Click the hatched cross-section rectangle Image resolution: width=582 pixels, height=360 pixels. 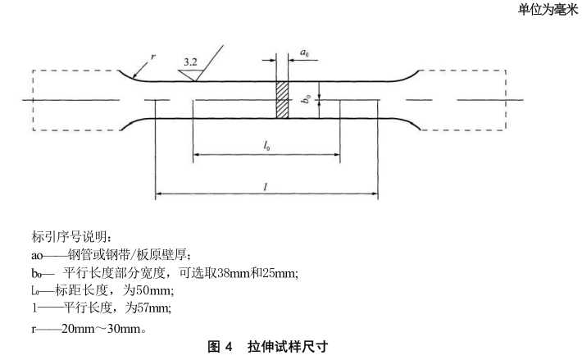click(282, 100)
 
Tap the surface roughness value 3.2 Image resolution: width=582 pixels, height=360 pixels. click(190, 62)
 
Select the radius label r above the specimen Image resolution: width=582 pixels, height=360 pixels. click(153, 57)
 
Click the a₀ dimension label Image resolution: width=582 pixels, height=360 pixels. click(304, 52)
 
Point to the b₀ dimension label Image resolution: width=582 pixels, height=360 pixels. click(307, 98)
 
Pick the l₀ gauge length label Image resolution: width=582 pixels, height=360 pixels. click(267, 145)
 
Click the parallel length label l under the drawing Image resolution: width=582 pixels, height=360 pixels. click(266, 187)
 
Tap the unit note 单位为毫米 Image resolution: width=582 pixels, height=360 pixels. click(548, 9)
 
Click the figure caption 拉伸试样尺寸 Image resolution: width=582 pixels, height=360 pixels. click(288, 347)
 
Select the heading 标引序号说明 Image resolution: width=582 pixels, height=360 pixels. click(71, 237)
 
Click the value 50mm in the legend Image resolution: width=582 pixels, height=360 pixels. click(154, 289)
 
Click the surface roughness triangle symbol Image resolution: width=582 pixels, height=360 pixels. click(190, 75)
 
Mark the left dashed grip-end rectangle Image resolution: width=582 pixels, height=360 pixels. click(75, 100)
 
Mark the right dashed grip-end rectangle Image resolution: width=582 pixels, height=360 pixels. click(463, 100)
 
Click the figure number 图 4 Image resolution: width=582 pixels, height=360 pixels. click(221, 347)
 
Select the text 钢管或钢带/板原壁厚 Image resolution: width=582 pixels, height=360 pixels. click(127, 255)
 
